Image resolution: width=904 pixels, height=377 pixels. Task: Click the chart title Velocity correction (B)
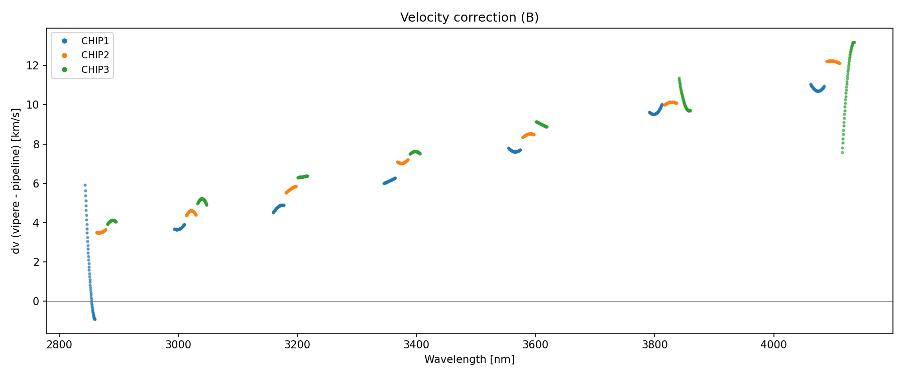(469, 18)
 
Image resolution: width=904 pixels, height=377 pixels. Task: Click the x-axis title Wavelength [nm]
(469, 359)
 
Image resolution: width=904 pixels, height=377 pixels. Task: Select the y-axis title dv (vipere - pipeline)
(16, 181)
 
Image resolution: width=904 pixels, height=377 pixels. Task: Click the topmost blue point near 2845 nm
(85, 185)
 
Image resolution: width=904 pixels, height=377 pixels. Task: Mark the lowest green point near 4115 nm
(842, 152)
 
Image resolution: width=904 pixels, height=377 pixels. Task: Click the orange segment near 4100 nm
(833, 61)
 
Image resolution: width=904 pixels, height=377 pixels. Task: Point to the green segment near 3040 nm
(202, 200)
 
